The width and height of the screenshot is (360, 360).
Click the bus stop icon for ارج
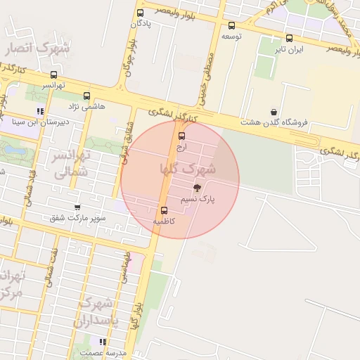pos(182,136)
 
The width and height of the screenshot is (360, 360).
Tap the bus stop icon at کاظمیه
pos(165,210)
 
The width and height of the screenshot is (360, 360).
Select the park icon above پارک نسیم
pos(196,188)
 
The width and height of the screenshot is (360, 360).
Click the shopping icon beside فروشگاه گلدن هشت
pos(274,112)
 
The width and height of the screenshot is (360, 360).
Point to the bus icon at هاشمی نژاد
pos(86,96)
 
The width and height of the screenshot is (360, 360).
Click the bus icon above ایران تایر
pos(289,39)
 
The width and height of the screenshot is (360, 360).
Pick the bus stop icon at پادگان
pos(141,13)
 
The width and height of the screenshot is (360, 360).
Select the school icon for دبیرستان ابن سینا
pos(41,111)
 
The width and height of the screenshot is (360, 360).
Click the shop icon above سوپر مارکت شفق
pos(77,207)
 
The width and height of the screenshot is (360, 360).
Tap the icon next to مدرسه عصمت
pos(103,342)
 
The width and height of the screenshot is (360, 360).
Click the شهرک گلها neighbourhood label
pos(188,169)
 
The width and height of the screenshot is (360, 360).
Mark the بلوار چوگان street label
pos(129,59)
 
